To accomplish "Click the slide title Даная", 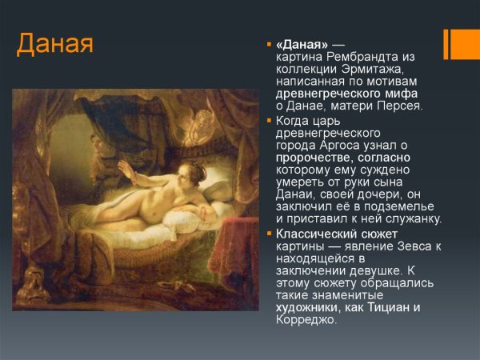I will pyautogui.click(x=55, y=43).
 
